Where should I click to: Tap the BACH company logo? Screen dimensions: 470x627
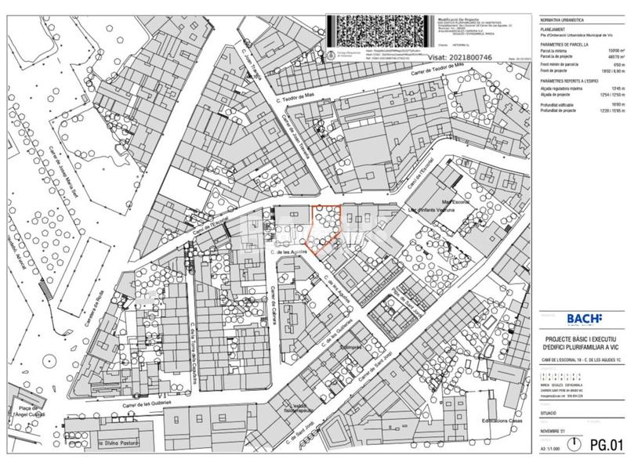(584, 318)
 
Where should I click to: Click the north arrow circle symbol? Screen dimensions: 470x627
(577, 444)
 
